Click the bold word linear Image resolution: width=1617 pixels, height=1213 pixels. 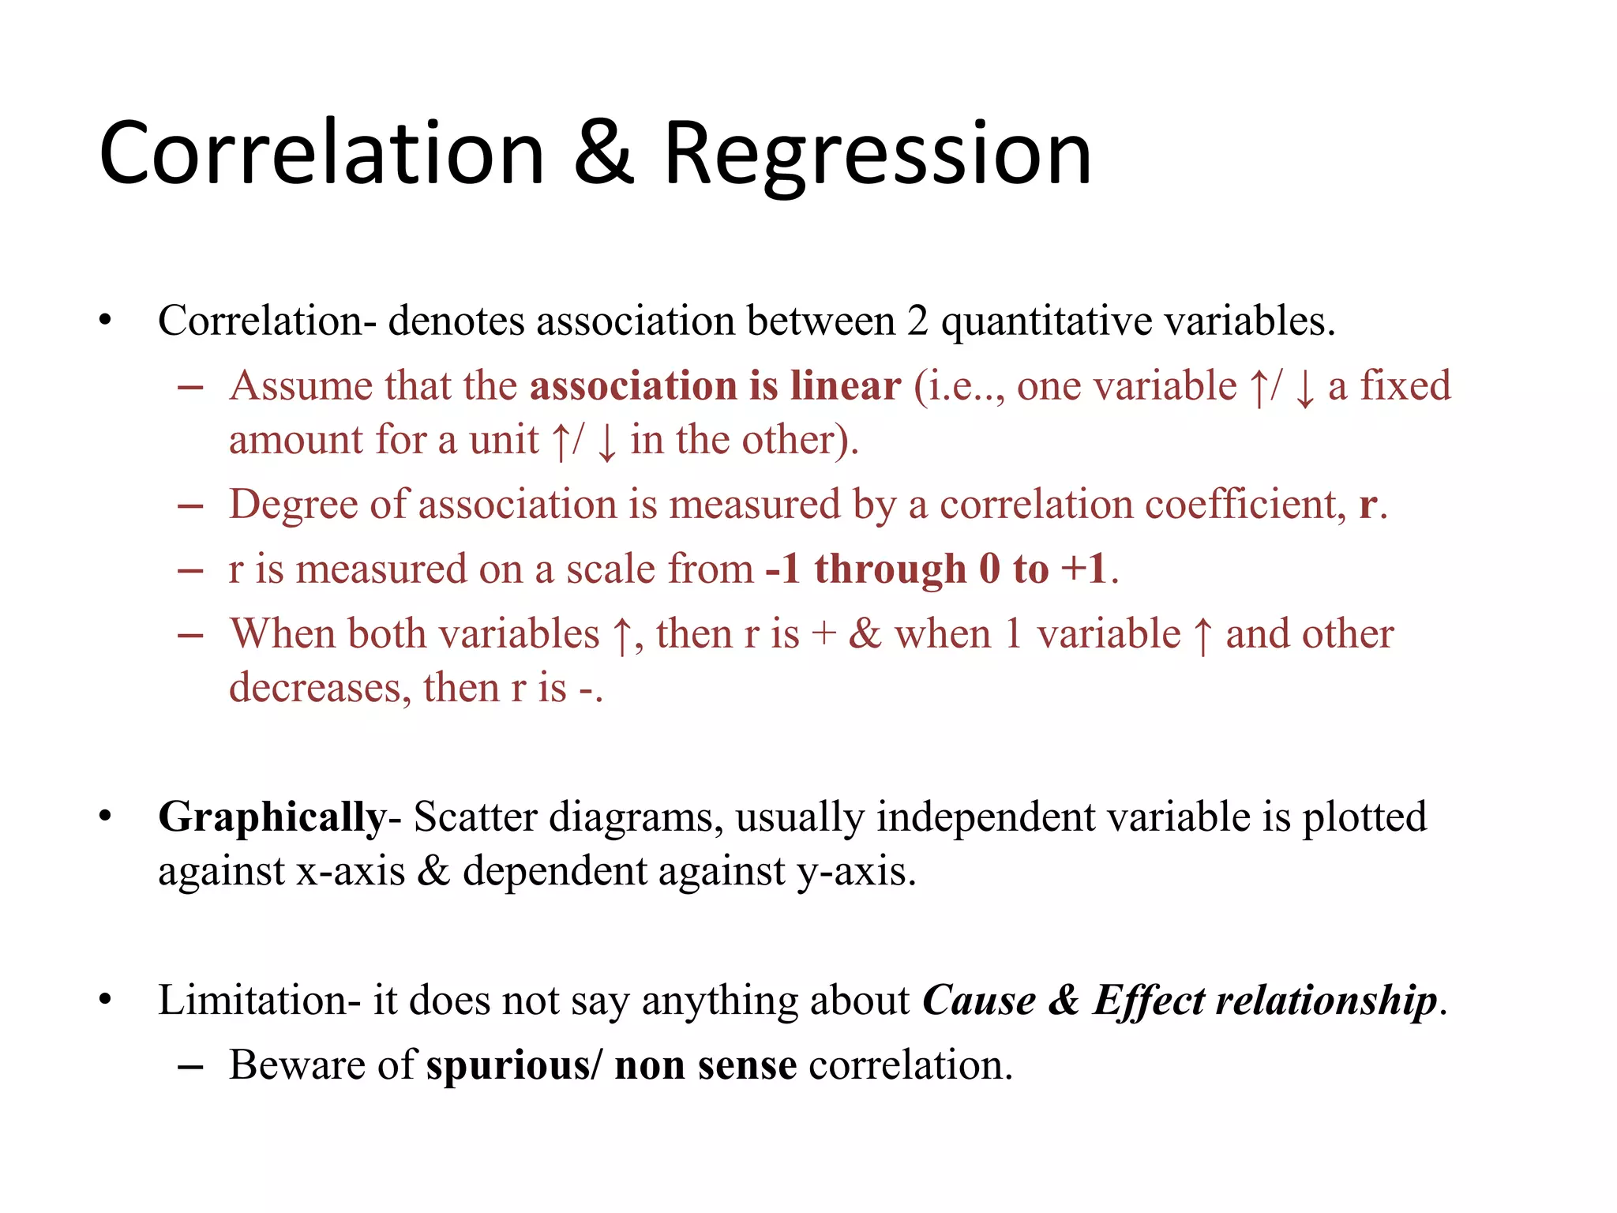tap(846, 386)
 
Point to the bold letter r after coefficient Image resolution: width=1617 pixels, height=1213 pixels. tap(1368, 505)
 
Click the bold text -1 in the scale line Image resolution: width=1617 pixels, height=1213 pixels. tap(783, 569)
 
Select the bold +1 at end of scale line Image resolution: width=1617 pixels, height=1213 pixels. tap(1084, 569)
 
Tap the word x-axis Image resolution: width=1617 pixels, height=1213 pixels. tap(351, 872)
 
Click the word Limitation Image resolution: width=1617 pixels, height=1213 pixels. tap(252, 1001)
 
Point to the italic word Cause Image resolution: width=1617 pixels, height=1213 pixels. tap(979, 1001)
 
